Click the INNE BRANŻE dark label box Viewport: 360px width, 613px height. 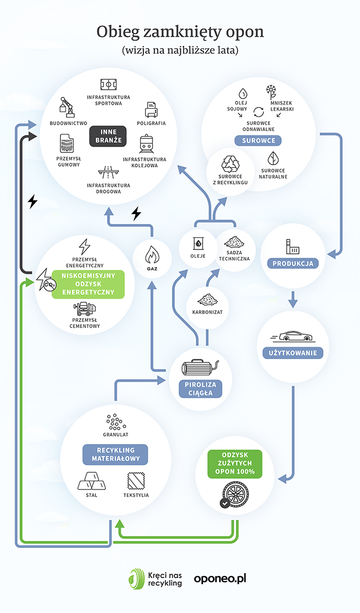tap(108, 136)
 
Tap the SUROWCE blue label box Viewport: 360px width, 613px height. tap(258, 141)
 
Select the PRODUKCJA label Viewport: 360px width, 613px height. tap(293, 263)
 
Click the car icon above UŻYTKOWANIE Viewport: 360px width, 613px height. tap(292, 336)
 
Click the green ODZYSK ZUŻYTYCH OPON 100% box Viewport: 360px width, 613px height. tap(235, 464)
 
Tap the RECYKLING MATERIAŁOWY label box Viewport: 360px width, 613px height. tap(115, 454)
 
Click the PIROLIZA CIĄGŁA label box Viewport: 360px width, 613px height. tap(200, 389)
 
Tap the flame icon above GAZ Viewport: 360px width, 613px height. tap(152, 256)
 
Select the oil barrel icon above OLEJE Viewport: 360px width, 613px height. tap(198, 244)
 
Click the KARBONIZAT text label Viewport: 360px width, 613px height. tap(207, 313)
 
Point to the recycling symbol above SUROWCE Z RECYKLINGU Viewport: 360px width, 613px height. tap(230, 164)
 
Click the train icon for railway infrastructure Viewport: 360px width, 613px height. tap(146, 144)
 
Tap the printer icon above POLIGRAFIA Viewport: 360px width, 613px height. tap(151, 110)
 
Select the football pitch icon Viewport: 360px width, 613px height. tap(108, 84)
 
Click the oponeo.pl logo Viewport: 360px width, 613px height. tap(220, 579)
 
